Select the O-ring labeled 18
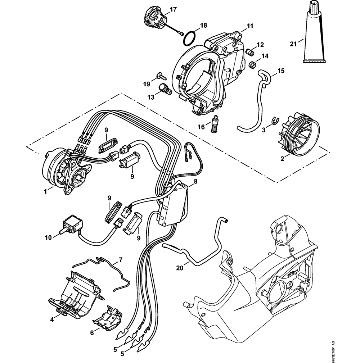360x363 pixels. [189, 38]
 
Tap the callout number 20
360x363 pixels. [180, 267]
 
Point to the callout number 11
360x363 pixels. [250, 26]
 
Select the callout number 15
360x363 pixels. [280, 71]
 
